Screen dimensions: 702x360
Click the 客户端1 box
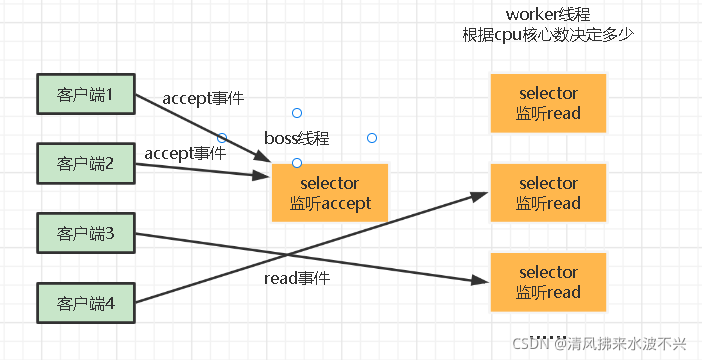click(x=86, y=94)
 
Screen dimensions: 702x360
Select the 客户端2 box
click(x=86, y=163)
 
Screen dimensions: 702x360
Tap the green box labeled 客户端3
click(x=86, y=233)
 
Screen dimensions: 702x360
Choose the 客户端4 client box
click(x=86, y=303)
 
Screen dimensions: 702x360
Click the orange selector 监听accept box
click(x=330, y=193)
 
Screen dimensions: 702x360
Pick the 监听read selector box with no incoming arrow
click(x=548, y=103)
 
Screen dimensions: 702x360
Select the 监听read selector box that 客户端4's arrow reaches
click(x=548, y=193)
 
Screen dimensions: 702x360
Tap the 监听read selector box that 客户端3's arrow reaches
click(x=548, y=282)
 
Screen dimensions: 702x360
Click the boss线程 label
click(x=297, y=138)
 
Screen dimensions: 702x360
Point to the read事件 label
click(x=297, y=279)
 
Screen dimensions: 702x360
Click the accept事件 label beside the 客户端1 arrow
click(x=203, y=99)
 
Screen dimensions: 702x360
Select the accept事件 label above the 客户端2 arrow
click(x=185, y=154)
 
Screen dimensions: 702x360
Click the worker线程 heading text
click(x=548, y=14)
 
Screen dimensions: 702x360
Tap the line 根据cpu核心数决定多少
click(x=548, y=34)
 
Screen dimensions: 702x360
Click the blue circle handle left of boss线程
click(x=222, y=137)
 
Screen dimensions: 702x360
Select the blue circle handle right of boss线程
click(x=372, y=138)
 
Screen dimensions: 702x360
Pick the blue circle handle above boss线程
click(x=297, y=113)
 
